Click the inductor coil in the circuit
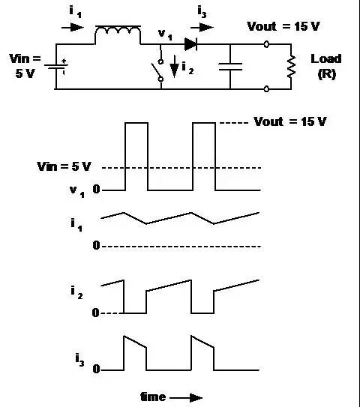coord(118,31)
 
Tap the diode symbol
coord(190,44)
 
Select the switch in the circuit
coord(158,70)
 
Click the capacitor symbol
coord(230,67)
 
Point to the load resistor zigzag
coord(291,67)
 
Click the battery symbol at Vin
coord(56,67)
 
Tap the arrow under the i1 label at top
coord(73,27)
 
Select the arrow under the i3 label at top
coord(202,27)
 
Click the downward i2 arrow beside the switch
coord(174,67)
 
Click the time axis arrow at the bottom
coord(186,397)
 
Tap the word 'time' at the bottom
coord(153,397)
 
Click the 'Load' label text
coord(326,59)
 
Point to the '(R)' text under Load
coord(327,74)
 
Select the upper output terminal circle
coord(266,44)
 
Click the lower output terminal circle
coord(266,89)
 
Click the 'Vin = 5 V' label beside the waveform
coord(64,166)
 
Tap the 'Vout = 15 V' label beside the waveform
coord(290,121)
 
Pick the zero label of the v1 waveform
coord(96,189)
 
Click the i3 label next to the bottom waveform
coord(79,360)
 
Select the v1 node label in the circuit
coord(165,34)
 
